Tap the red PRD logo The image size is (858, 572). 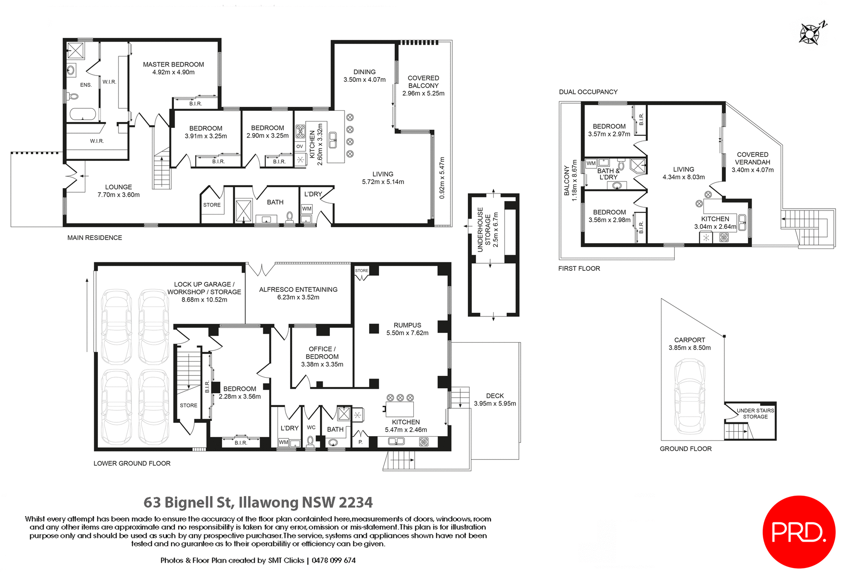[x=799, y=532]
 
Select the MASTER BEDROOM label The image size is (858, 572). [x=173, y=64]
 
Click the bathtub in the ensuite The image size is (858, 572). [x=83, y=115]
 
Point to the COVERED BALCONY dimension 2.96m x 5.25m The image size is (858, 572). [x=423, y=93]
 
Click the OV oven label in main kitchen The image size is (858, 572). [x=299, y=147]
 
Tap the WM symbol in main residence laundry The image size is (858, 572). [x=307, y=209]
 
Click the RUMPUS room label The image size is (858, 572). [x=407, y=325]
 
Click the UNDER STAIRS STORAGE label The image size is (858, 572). [x=755, y=413]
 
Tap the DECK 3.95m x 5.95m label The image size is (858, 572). [x=495, y=400]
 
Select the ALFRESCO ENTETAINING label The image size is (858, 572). [x=298, y=290]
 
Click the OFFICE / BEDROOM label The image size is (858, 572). [x=322, y=353]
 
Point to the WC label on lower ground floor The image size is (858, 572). [x=311, y=427]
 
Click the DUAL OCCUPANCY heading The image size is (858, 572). [x=588, y=92]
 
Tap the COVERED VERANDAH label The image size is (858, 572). [x=753, y=158]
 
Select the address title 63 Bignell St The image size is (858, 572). [x=258, y=502]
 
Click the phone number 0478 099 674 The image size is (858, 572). [x=333, y=560]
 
